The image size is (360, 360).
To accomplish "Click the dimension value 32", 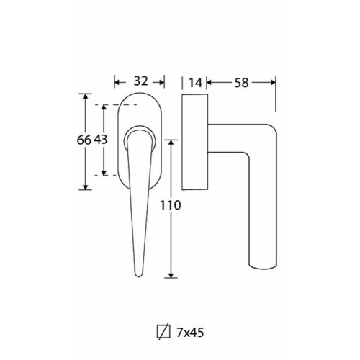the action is [x=140, y=81].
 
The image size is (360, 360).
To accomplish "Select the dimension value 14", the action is [x=196, y=83].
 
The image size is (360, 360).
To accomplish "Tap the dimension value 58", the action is [x=241, y=83].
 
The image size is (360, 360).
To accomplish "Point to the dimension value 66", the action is [x=84, y=140].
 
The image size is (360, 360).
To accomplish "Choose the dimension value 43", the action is [x=101, y=140].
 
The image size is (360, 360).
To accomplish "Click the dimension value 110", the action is [x=170, y=205].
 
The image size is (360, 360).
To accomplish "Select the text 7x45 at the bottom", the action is [x=190, y=333].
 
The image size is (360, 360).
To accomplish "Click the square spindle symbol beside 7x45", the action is [x=163, y=332].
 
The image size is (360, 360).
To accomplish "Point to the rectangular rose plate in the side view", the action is [x=195, y=142].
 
